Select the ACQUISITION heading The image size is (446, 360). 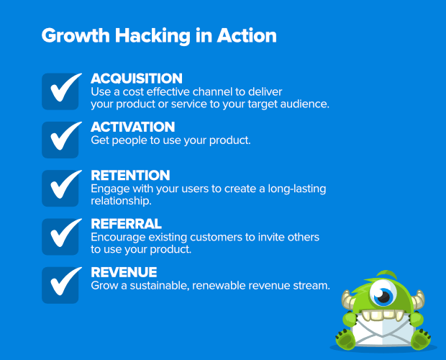click(x=137, y=78)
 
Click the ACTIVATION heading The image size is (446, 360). click(x=133, y=127)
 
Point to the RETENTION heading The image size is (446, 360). click(x=130, y=176)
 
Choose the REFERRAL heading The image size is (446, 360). click(x=126, y=224)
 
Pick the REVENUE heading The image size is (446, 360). click(x=124, y=272)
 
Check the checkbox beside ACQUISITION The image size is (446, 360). click(x=60, y=91)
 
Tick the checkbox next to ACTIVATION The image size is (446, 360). click(x=60, y=140)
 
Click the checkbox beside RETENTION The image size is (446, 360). click(x=60, y=188)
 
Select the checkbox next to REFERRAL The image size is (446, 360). click(x=60, y=237)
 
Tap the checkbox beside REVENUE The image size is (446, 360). click(x=60, y=285)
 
